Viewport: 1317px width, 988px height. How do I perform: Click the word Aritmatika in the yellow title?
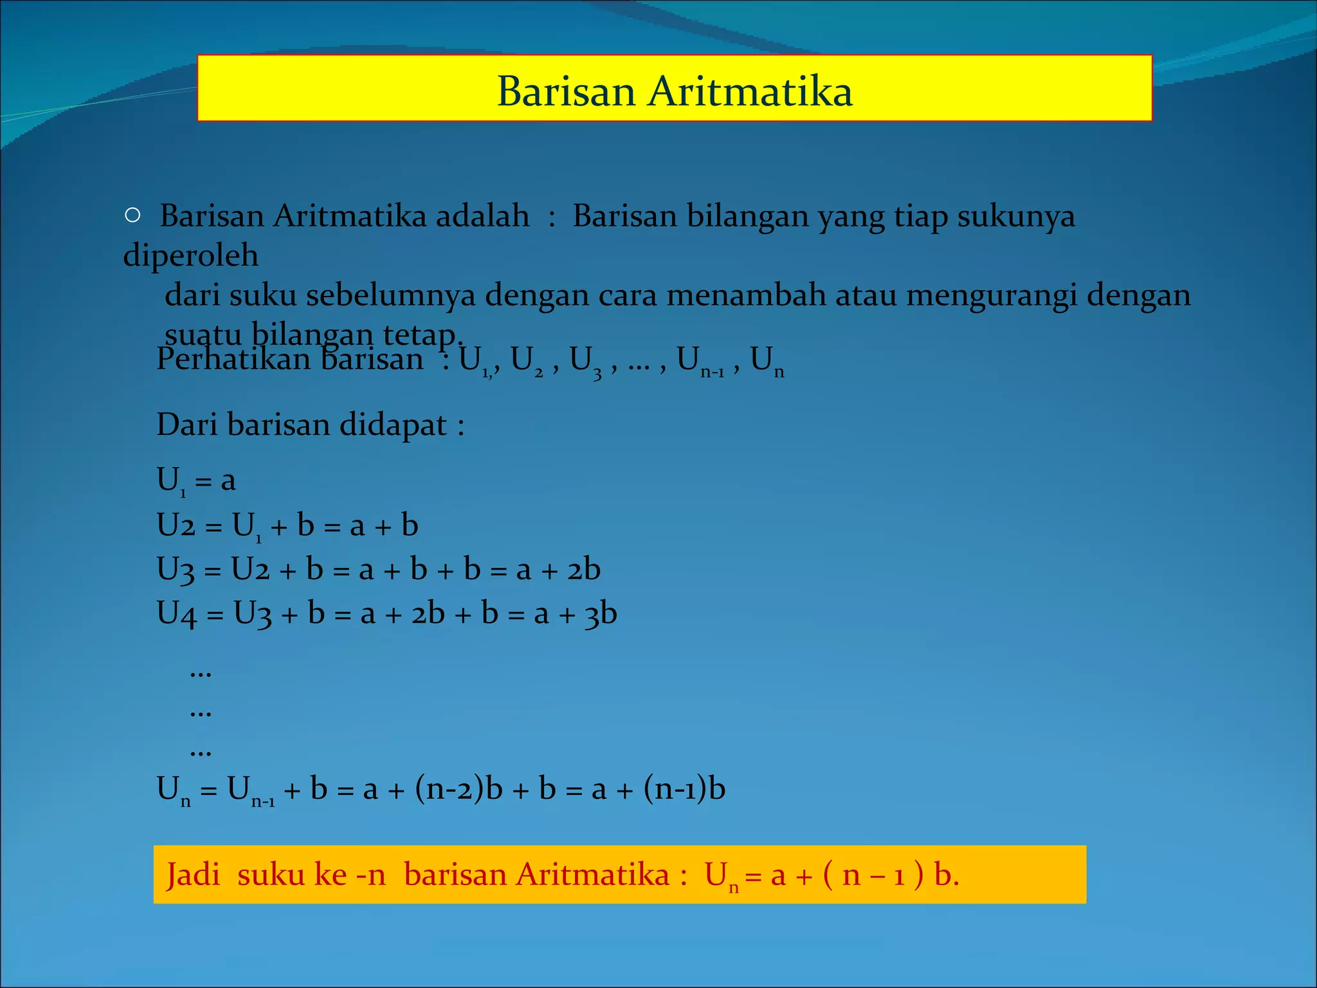point(750,91)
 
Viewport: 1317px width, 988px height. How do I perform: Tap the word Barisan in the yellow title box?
point(567,91)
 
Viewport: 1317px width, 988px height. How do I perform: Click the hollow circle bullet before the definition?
point(132,215)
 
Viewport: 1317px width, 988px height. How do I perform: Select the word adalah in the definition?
point(482,216)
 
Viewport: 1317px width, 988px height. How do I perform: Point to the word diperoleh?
point(191,256)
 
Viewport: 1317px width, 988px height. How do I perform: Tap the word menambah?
point(746,295)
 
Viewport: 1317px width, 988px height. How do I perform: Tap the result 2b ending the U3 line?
point(584,570)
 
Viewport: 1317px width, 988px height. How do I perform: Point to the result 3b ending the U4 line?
point(601,614)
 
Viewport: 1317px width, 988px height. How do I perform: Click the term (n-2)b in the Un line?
point(459,789)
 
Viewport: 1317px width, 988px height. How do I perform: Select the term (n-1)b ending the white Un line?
point(684,789)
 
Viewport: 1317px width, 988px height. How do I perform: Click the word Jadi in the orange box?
point(193,875)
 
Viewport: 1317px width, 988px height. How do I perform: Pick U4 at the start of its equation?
point(176,614)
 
